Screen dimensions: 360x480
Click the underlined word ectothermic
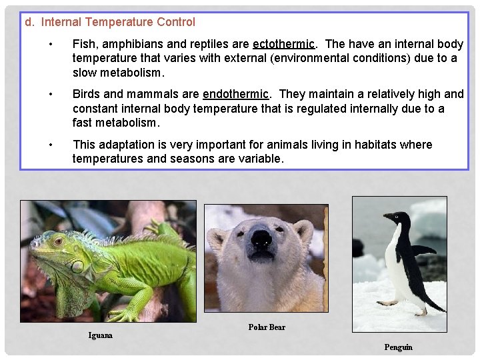[x=283, y=44]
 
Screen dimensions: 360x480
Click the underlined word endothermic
[x=236, y=94]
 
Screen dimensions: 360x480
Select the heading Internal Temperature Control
[x=118, y=22]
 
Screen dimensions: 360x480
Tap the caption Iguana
[x=101, y=335]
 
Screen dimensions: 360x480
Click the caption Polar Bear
[x=267, y=327]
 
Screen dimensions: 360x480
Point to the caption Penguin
[x=398, y=347]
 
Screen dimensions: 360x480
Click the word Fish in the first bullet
[x=84, y=44]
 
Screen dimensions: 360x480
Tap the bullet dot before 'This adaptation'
[x=51, y=145]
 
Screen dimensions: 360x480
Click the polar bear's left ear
[x=217, y=235]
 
